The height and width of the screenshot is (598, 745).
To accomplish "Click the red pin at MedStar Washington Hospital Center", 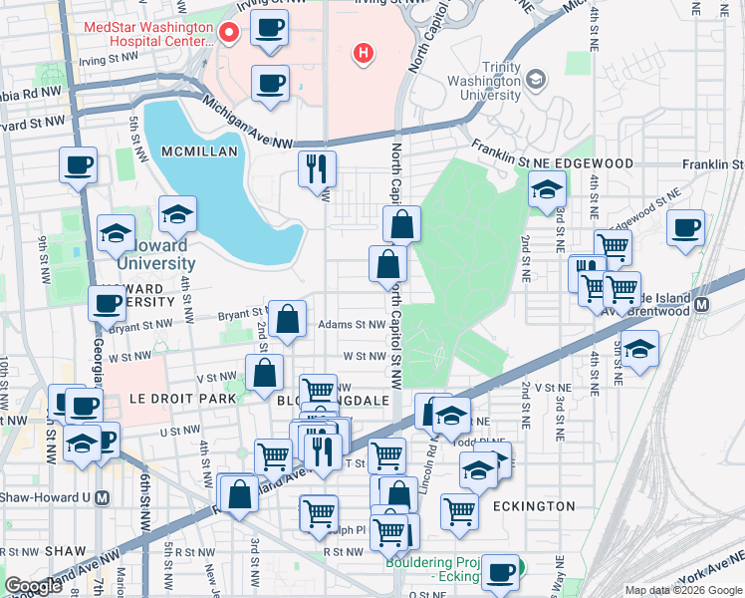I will [228, 34].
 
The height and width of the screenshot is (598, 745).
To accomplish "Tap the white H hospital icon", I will [364, 52].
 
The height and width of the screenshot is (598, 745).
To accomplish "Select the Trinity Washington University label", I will [484, 80].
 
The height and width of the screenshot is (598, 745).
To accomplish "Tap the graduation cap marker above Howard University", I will [177, 214].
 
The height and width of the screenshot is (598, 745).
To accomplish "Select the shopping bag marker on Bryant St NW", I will [287, 319].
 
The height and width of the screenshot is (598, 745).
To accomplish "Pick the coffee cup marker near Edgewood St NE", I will [684, 227].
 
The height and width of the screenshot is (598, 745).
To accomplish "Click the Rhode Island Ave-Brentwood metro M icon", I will [702, 304].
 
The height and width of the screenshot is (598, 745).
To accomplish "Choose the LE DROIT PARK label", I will [183, 399].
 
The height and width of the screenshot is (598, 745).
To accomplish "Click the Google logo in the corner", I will [33, 586].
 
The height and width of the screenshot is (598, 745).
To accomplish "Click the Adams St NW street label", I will [351, 325].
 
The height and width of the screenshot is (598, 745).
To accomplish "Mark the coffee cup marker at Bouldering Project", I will [500, 572].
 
